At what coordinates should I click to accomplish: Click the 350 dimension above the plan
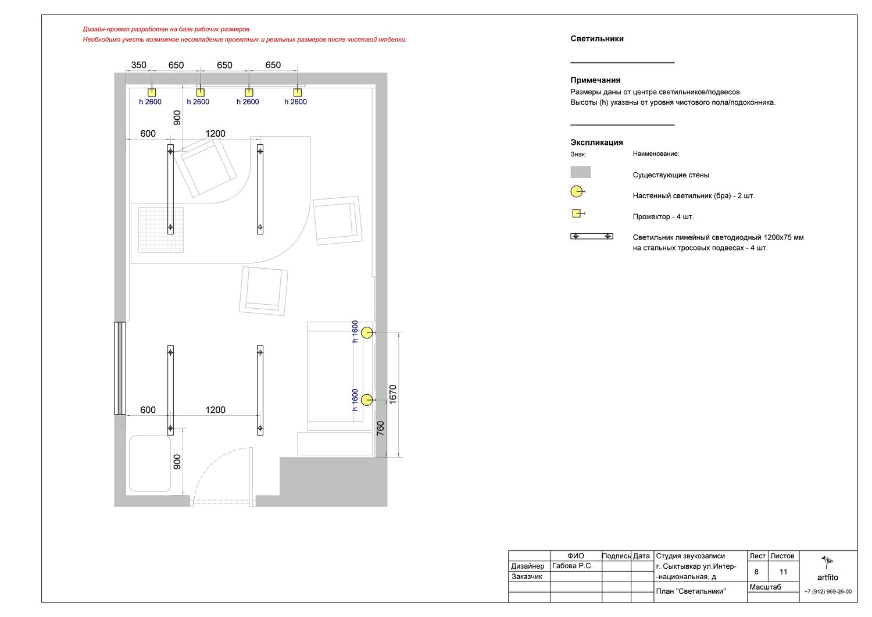coord(138,65)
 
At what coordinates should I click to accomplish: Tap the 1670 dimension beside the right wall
coord(393,394)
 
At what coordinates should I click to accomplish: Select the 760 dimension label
coord(380,429)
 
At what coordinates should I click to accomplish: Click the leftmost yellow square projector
coord(152,92)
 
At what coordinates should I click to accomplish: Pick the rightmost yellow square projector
coord(298,92)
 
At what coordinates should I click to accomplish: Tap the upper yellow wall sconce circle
coord(367,333)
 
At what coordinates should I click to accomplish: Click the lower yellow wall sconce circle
coord(367,400)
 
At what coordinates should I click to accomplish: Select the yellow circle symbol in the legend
coord(577,192)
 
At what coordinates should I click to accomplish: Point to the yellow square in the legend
coord(576,213)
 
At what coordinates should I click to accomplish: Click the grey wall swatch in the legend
coord(580,172)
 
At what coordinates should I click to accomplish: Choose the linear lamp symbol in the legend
coord(592,237)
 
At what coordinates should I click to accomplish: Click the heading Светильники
coord(597,38)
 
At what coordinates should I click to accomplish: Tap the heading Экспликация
coord(596,142)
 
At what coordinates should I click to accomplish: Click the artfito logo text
coord(827,577)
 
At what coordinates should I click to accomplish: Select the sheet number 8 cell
coord(756,572)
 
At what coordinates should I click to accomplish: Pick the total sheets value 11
coord(783,572)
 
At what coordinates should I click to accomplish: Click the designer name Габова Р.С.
coord(572,566)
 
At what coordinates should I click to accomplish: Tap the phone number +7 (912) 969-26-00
coord(828,591)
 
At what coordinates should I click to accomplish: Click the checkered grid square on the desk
coord(161,230)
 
